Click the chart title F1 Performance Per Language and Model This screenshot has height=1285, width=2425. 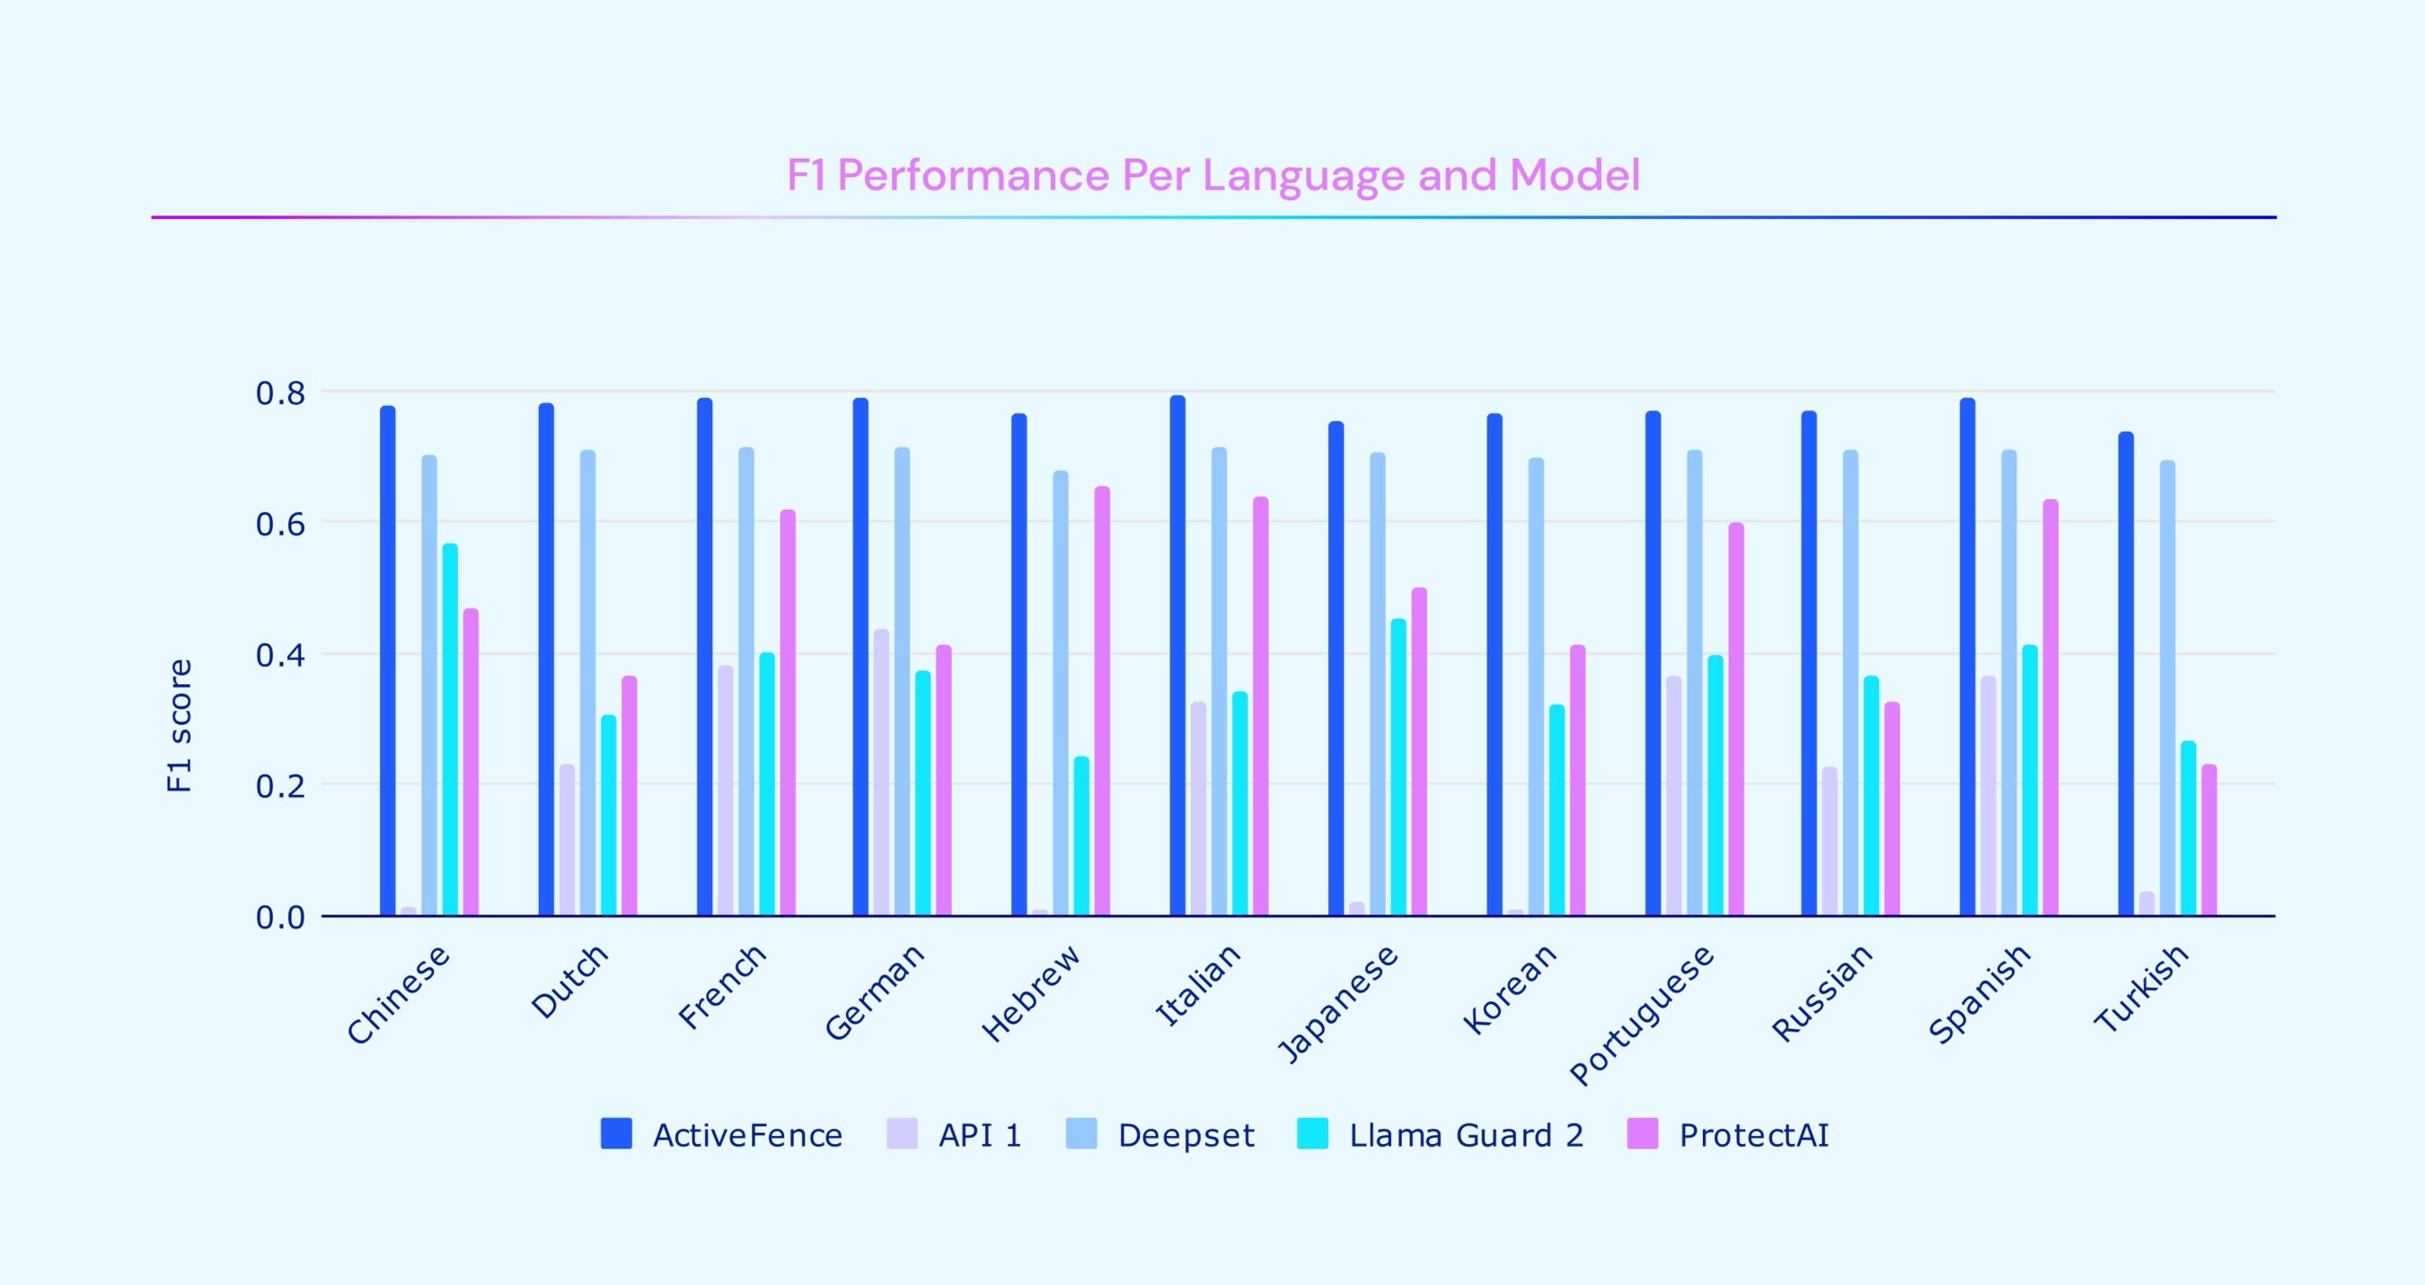pos(1212,175)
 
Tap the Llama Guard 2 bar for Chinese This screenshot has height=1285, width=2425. pos(450,729)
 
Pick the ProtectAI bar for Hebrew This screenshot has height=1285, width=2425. pos(1102,701)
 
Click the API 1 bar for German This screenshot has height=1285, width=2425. pos(881,772)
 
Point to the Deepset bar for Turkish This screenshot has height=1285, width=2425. pos(2168,688)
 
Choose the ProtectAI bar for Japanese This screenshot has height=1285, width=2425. pos(1420,753)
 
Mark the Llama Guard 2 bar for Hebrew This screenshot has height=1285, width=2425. pos(1081,836)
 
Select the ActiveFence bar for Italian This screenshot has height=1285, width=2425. pos(1177,656)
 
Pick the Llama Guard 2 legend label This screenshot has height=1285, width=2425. pos(1466,1135)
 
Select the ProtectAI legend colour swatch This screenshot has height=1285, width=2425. pos(1642,1134)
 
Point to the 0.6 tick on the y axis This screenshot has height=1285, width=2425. pos(280,524)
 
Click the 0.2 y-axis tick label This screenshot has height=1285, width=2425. pos(280,786)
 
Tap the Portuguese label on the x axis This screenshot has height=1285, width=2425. pos(1642,1017)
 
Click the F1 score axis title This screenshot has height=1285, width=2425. pos(179,726)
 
